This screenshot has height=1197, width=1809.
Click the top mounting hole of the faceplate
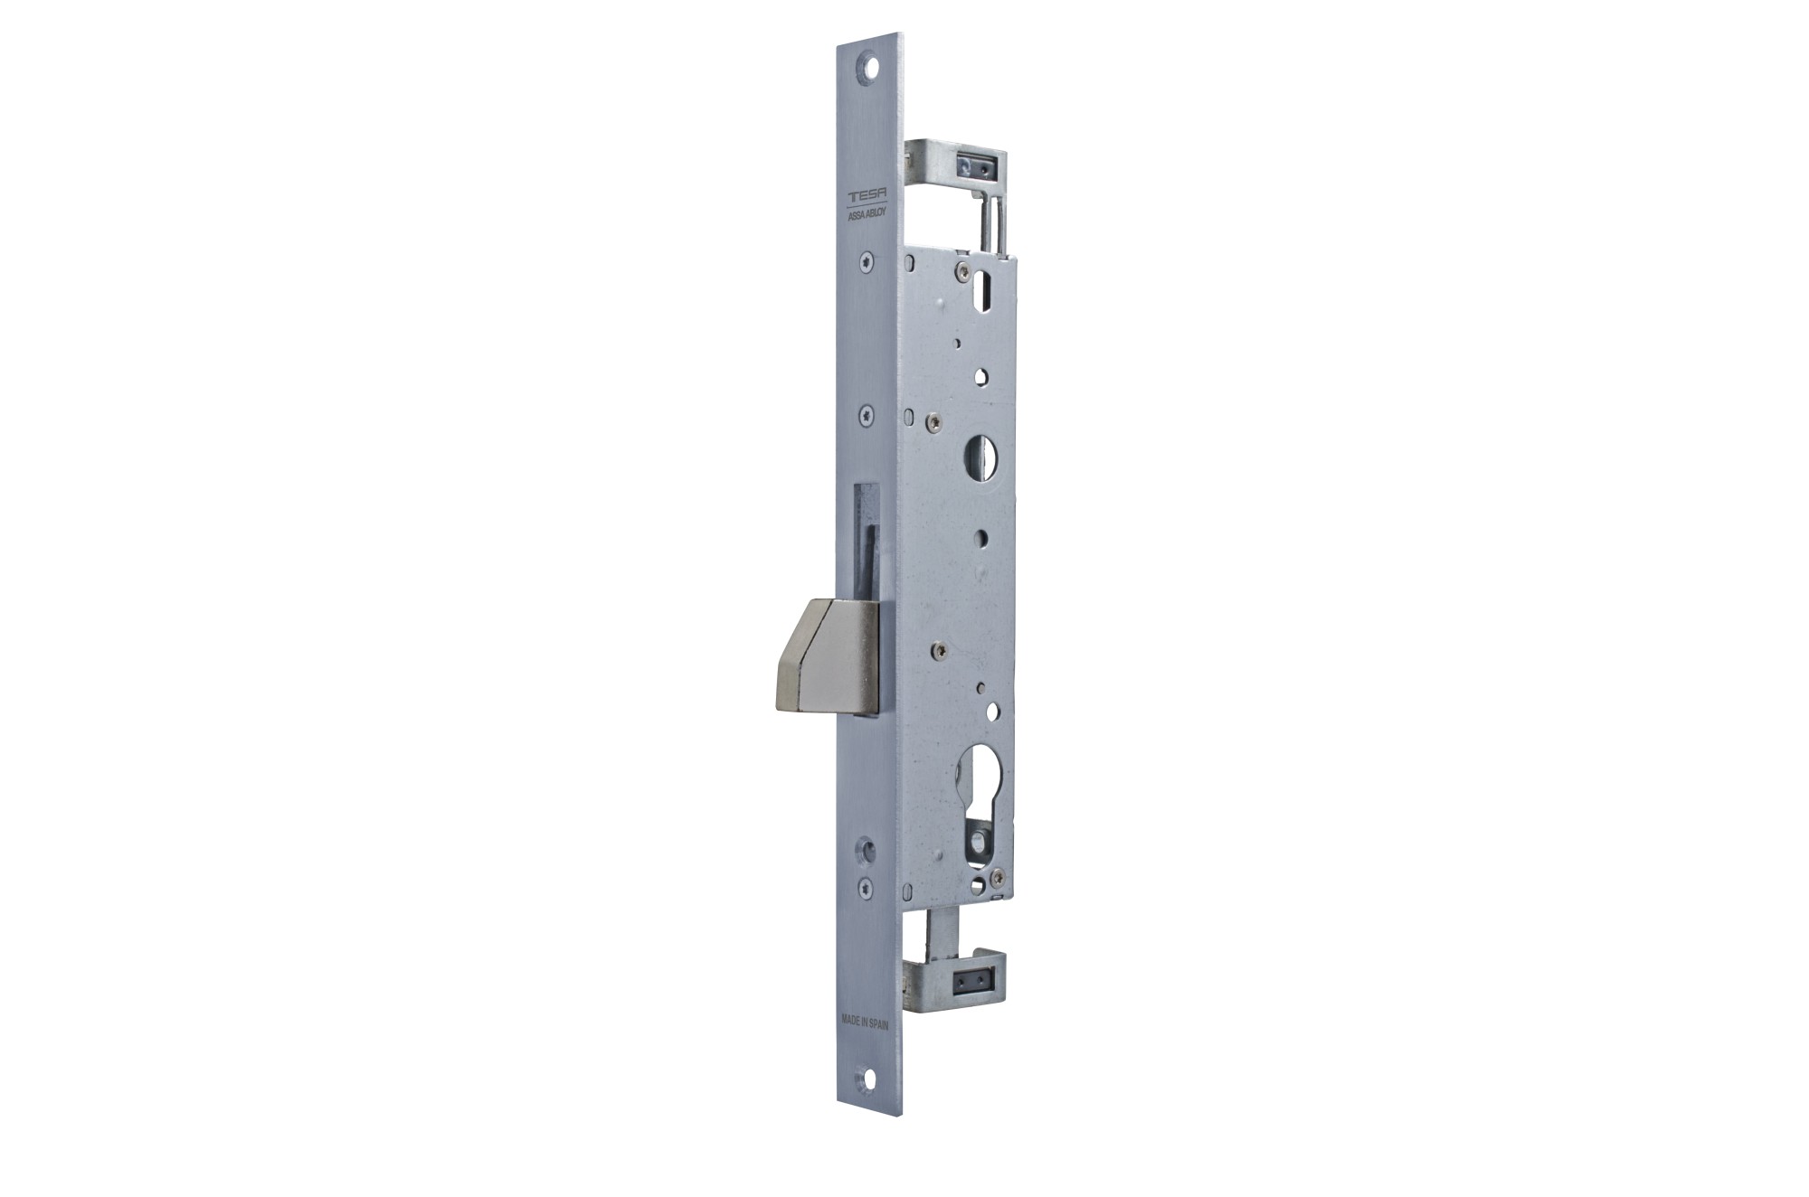point(871,68)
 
